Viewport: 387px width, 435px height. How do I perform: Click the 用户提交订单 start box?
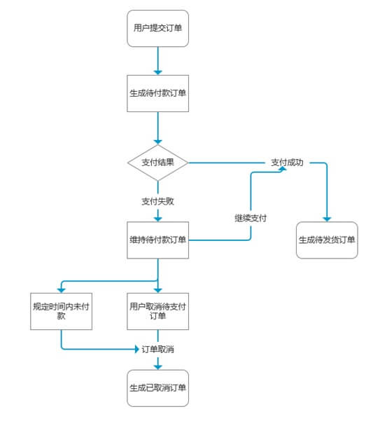click(157, 28)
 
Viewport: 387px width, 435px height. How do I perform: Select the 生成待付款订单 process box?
click(157, 93)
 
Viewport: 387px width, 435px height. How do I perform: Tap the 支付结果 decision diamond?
click(157, 163)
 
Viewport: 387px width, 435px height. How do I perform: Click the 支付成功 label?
click(287, 163)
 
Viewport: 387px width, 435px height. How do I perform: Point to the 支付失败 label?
click(157, 201)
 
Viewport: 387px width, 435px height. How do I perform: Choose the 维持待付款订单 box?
click(157, 240)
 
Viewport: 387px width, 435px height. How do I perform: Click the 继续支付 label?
click(251, 218)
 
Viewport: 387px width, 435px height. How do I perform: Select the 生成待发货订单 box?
click(327, 240)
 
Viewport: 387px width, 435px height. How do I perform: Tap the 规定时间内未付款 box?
click(61, 311)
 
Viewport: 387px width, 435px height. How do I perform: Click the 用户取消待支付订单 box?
click(157, 311)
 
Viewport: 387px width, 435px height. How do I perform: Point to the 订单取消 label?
click(157, 349)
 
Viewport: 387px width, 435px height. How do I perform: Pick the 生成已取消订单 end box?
click(157, 388)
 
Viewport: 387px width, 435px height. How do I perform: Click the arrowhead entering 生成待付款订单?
click(157, 72)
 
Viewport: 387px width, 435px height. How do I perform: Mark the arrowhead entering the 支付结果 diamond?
click(157, 142)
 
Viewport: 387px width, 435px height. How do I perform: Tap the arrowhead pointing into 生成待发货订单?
click(327, 219)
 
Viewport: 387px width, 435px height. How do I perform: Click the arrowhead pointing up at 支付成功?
click(282, 169)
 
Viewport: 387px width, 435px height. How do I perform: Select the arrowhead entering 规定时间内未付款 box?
click(62, 291)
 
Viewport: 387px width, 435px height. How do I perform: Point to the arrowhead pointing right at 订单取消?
click(136, 349)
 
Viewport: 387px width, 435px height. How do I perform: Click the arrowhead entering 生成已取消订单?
click(157, 367)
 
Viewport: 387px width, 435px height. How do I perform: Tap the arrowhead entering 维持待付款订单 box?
click(157, 219)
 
